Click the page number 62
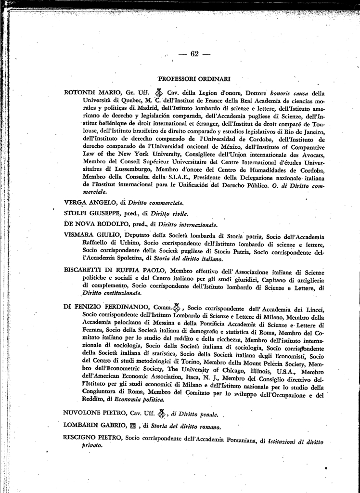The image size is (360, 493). tap(194, 54)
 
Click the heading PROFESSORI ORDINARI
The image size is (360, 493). tap(194, 78)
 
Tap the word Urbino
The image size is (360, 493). tap(130, 244)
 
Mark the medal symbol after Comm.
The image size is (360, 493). tap(177, 307)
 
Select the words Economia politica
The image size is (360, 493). tap(143, 400)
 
